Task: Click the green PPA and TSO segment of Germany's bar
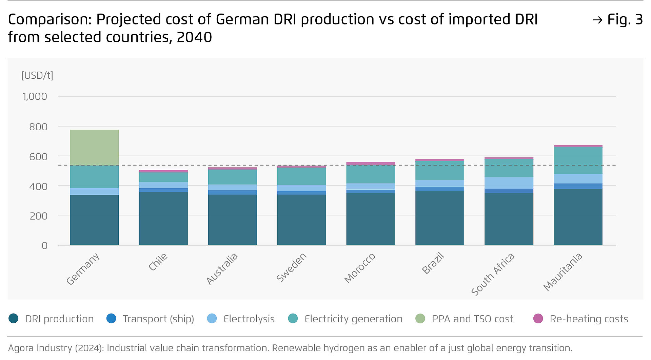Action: pos(94,148)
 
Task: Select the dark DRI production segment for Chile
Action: pos(163,219)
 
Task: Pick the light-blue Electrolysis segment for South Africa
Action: pos(509,183)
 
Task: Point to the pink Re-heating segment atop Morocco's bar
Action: pos(371,164)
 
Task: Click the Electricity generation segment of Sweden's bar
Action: pos(301,176)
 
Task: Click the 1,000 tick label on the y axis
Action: pos(35,97)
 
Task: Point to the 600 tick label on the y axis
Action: pos(38,157)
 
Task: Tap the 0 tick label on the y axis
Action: pos(44,246)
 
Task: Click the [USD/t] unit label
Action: pos(37,75)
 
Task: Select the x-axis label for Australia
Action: pos(222,269)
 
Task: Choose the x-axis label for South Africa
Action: pos(493,274)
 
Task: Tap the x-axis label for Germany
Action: pos(83,269)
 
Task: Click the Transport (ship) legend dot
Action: pos(111,319)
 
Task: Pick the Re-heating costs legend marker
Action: pos(538,319)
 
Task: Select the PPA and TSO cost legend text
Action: pos(472,319)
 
